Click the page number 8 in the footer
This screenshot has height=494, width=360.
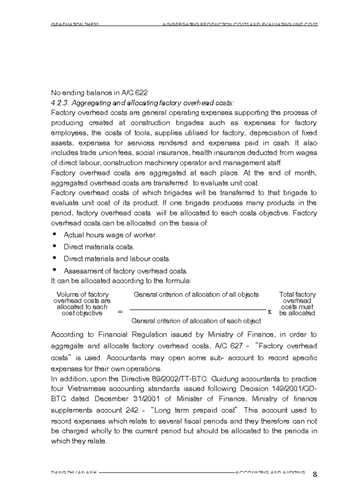click(315, 474)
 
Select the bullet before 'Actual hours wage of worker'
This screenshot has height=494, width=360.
click(55, 234)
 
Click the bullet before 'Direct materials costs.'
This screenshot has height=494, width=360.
click(55, 246)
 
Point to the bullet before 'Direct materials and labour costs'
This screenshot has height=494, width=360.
click(55, 258)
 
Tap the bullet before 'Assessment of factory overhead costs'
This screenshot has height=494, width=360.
click(55, 270)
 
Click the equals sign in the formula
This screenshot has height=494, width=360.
click(120, 312)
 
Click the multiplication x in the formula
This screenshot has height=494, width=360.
click(269, 312)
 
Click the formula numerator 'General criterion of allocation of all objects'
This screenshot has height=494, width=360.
click(196, 295)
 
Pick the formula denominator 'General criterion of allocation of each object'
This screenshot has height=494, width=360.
click(196, 321)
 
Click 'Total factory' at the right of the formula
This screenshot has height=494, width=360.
click(297, 295)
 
